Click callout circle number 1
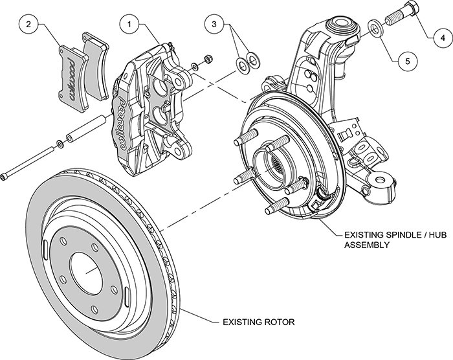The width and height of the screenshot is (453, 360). pos(129,25)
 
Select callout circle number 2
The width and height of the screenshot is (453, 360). pos(28,25)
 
